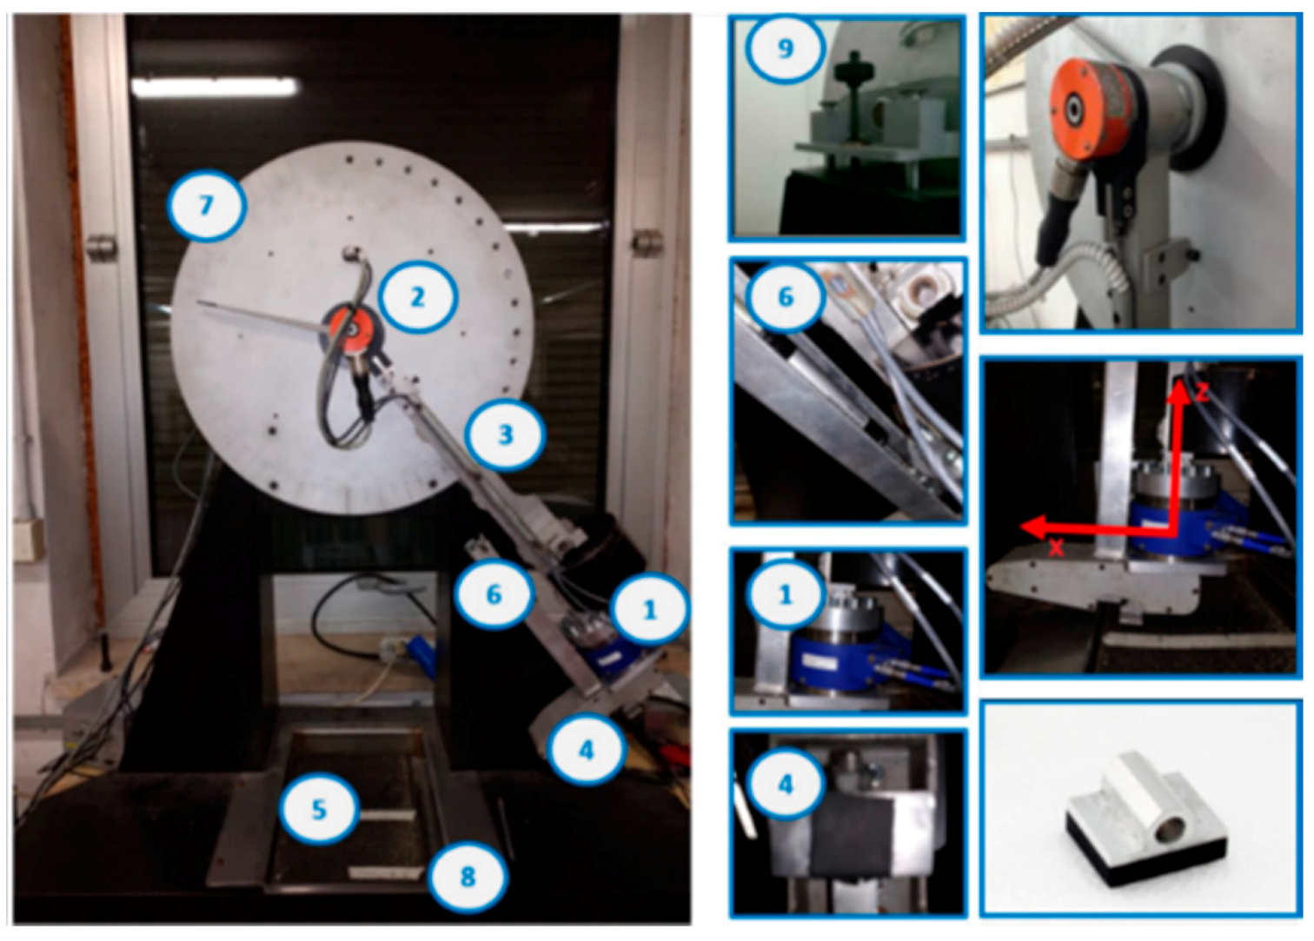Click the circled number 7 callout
(205, 206)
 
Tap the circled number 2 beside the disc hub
(416, 297)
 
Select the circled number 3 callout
(504, 434)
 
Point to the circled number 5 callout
(319, 810)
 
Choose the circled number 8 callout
(467, 877)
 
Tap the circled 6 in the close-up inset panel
(785, 297)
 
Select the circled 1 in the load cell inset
(785, 595)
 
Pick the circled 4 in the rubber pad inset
(785, 785)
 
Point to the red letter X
(1056, 548)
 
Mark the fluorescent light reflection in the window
(214, 87)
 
